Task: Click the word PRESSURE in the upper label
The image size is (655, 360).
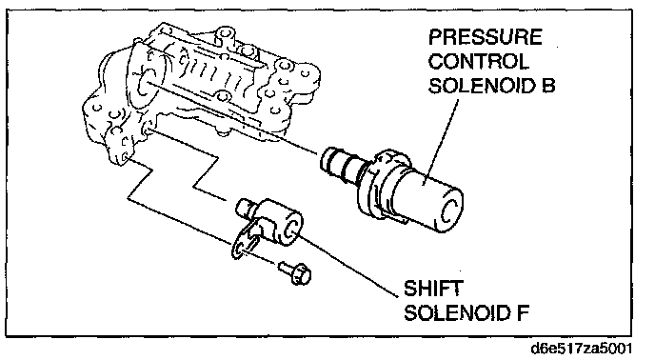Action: [485, 37]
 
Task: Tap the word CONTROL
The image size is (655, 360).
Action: [478, 61]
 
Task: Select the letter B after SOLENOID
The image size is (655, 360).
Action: [548, 86]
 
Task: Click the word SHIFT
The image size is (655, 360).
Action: [433, 289]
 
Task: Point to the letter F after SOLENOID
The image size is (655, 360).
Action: [524, 312]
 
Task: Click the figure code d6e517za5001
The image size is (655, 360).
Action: [581, 349]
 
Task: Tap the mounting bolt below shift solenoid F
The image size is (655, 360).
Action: [295, 273]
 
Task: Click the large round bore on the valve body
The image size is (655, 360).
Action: [146, 83]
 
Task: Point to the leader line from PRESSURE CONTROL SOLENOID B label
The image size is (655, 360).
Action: [441, 141]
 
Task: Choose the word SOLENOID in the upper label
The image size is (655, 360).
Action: [483, 86]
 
